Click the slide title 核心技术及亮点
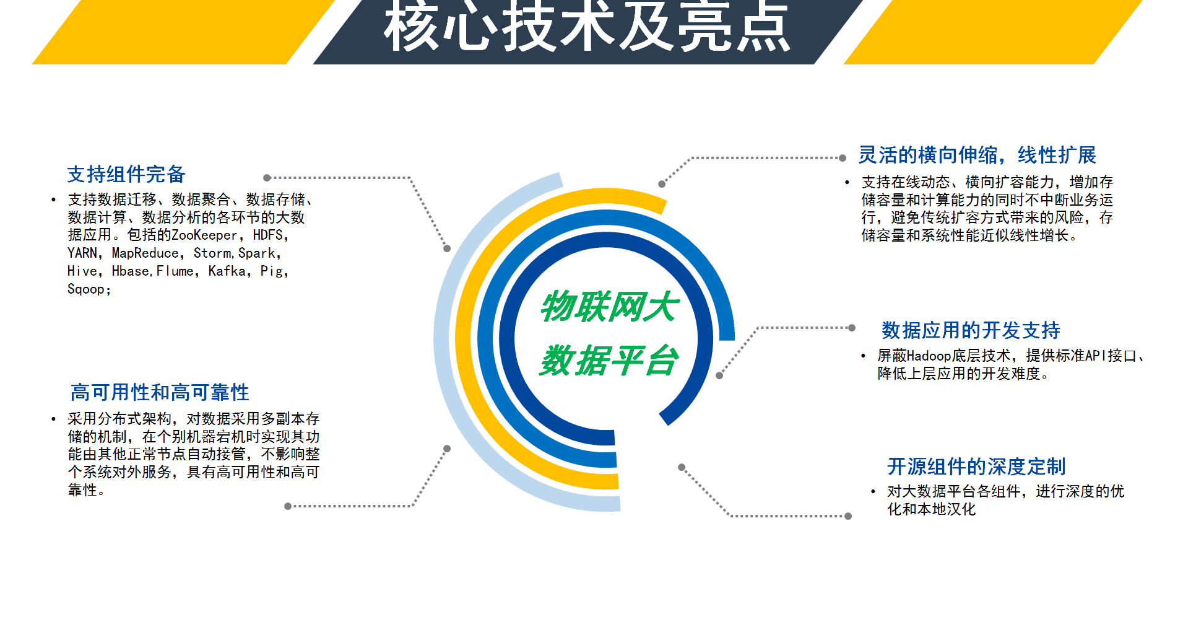tap(587, 26)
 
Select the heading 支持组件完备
tap(126, 175)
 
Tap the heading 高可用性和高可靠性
tap(160, 393)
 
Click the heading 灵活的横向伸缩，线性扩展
tap(977, 156)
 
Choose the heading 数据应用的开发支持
tap(971, 331)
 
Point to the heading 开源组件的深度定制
tap(976, 467)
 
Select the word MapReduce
tap(145, 253)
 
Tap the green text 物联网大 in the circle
tap(610, 306)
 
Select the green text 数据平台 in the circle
tap(610, 361)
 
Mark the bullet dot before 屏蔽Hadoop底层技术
tap(863, 356)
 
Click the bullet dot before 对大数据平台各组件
tap(873, 492)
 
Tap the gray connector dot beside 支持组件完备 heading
tap(267, 178)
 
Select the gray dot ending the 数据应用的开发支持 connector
tap(852, 328)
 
